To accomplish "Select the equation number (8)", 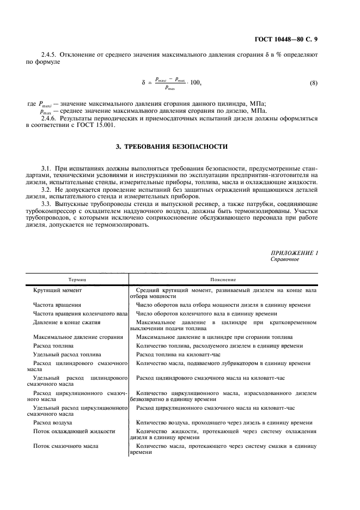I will pyautogui.click(x=313, y=83).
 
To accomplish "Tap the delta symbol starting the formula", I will pyautogui.click(x=143, y=83).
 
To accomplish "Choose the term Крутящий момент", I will pyautogui.click(x=58, y=290).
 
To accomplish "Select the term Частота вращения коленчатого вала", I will pyautogui.click(x=81, y=313).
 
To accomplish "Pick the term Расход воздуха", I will pyautogui.click(x=53, y=422).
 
